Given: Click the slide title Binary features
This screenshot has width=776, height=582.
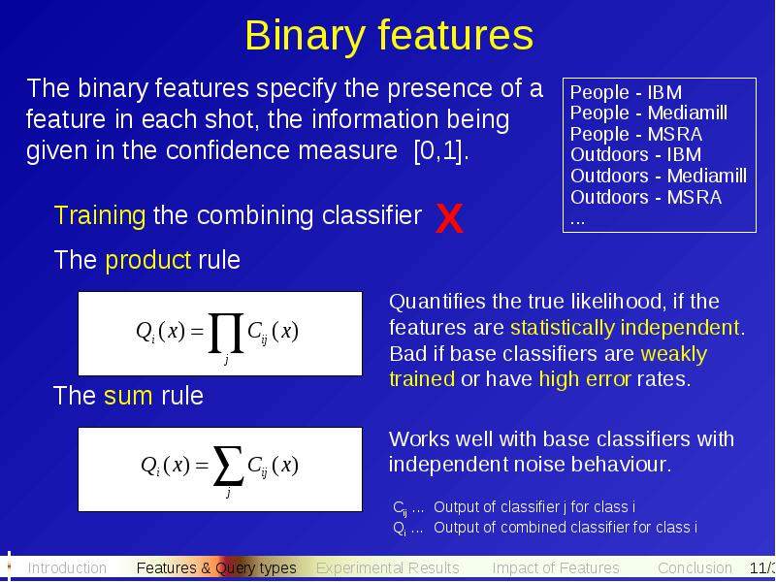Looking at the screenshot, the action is coord(389,36).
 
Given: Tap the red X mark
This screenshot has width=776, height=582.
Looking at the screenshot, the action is coord(449,218).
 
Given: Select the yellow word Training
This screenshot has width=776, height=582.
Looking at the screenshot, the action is coord(100,215).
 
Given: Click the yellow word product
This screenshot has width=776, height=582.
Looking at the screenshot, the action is coord(148,259).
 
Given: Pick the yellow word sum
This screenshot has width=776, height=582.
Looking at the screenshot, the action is coord(128,396).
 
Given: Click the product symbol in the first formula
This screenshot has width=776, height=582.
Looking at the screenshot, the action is coord(226,333).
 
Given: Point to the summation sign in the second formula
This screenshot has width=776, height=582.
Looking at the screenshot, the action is coord(228,466).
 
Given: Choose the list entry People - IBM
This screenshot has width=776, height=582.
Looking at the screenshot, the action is coord(626,92).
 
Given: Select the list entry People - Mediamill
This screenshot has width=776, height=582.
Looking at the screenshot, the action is coord(649,113).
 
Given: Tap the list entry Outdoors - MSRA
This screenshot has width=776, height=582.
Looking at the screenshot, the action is coord(646,197).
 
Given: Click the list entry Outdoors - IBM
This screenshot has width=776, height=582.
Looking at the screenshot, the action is coord(636,154).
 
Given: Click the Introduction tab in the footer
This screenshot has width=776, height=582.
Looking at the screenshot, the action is coord(67,567).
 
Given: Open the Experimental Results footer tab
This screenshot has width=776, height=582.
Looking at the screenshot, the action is coord(387,567).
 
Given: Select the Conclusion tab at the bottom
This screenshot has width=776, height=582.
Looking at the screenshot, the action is coord(695,567).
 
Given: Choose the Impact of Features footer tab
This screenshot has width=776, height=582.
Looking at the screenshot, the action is coord(556,567).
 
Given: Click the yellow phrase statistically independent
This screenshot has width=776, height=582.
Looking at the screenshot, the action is coord(625,328).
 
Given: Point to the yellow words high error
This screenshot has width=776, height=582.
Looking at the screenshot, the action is coord(585,378).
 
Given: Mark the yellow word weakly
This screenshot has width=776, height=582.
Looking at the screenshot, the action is coord(673,354).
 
